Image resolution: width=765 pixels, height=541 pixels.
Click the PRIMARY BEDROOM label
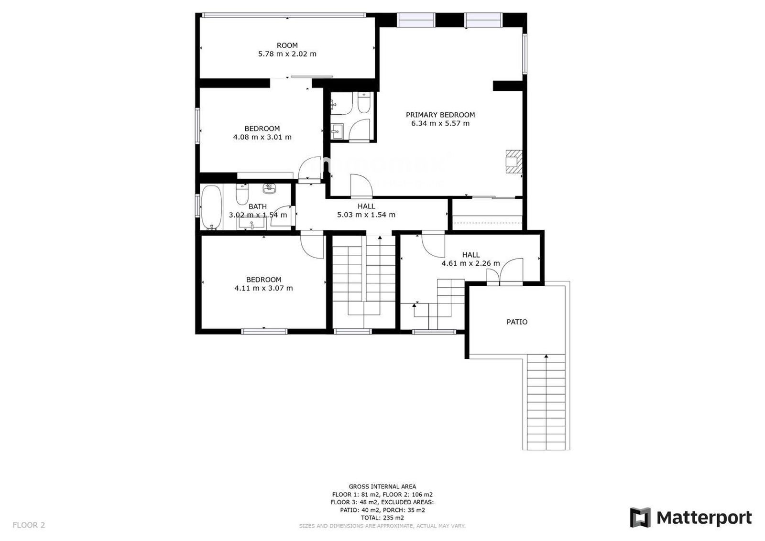[x=440, y=115]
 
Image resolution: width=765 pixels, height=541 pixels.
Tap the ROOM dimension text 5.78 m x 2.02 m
[x=287, y=54]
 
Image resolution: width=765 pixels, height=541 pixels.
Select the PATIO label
[x=517, y=322]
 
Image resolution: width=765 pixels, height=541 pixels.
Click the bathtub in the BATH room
[x=211, y=207]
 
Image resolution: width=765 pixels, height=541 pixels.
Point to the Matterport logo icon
[x=640, y=518]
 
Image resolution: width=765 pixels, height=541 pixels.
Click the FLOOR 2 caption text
[x=29, y=525]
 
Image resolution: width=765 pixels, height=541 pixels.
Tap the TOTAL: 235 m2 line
[x=382, y=518]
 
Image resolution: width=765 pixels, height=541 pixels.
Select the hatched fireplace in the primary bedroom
[x=514, y=162]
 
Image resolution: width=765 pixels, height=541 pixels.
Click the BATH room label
[x=258, y=206]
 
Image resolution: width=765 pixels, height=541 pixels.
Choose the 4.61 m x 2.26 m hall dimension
[x=470, y=263]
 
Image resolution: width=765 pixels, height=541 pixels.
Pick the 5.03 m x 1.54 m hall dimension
[x=366, y=215]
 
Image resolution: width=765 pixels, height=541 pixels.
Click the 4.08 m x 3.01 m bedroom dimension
[x=262, y=137]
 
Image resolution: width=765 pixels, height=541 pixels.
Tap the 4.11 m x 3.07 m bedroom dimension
[x=263, y=288]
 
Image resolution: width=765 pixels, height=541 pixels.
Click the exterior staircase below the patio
[x=546, y=402]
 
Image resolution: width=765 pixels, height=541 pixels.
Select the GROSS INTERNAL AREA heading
[x=382, y=487]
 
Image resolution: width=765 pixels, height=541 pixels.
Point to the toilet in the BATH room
[x=242, y=194]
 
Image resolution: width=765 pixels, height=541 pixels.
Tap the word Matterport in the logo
[x=704, y=518]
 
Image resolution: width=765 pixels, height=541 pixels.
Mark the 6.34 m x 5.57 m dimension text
[x=440, y=123]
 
